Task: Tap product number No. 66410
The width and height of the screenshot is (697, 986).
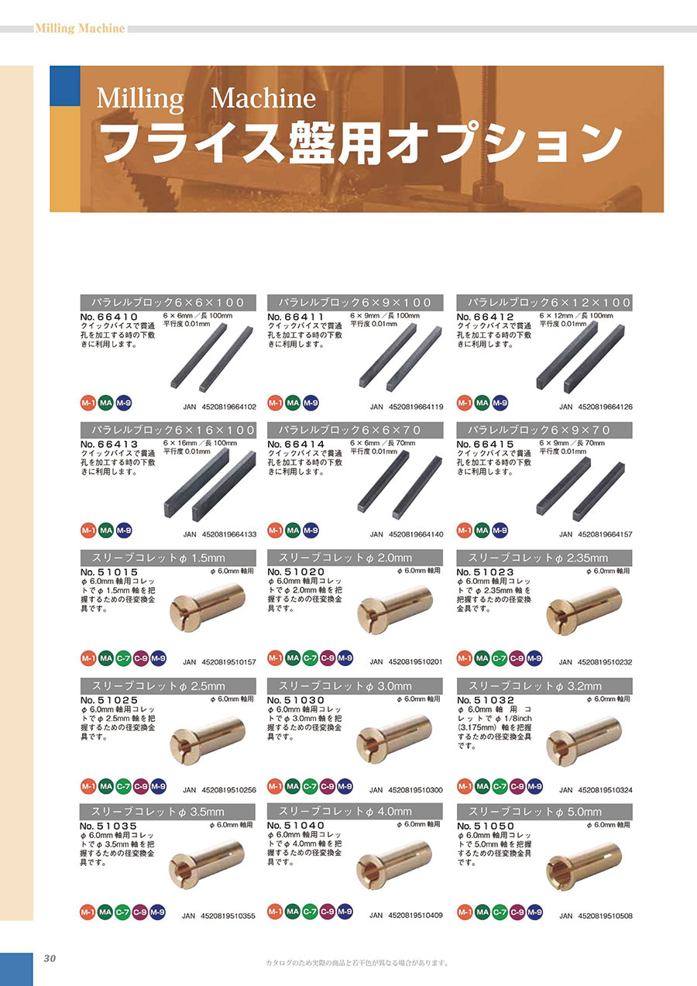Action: coord(109,317)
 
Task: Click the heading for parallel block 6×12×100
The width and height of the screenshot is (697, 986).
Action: coord(544,302)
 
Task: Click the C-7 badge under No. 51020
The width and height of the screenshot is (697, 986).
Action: coord(311,658)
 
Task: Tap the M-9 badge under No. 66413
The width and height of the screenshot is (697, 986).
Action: coord(124,531)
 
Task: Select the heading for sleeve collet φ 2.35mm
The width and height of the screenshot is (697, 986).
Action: coord(544,558)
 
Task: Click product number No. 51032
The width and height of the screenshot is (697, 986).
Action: coord(486,700)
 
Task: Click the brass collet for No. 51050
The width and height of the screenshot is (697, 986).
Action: coord(584,867)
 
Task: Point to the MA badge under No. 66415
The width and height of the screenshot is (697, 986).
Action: coord(482,531)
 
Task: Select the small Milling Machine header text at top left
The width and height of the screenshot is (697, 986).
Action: coord(80,29)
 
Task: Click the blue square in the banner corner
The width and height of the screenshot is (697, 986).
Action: coord(65,86)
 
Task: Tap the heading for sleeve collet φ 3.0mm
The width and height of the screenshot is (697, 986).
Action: coord(355,685)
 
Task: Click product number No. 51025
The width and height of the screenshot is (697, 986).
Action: coord(109,700)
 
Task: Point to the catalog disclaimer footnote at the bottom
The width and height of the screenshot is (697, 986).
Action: coord(357,963)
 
